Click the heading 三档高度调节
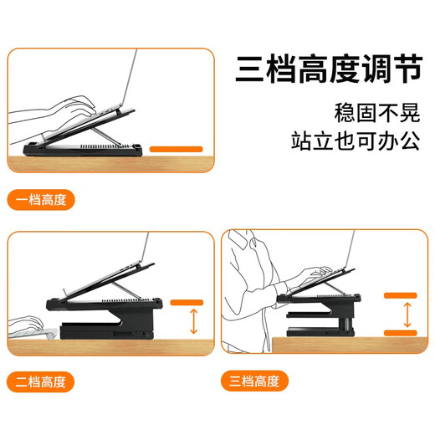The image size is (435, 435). click(x=329, y=69)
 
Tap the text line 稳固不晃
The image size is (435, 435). click(x=377, y=113)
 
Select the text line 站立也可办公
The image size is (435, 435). click(x=356, y=141)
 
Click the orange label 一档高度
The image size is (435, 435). click(x=41, y=200)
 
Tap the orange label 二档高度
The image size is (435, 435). click(x=41, y=381)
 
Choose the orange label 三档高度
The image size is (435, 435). click(x=254, y=381)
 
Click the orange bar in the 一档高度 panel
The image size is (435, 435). click(x=177, y=149)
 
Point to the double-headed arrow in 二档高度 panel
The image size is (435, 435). click(x=193, y=321)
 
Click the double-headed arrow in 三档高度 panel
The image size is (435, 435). click(x=407, y=315)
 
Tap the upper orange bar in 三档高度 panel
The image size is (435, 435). click(x=401, y=295)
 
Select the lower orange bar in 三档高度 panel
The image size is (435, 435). click(x=401, y=333)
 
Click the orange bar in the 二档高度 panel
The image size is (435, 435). click(x=187, y=303)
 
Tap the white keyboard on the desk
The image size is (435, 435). click(x=33, y=334)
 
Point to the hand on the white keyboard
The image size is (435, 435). click(x=27, y=324)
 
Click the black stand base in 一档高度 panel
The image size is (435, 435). click(x=83, y=150)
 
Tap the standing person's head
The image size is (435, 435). click(x=241, y=240)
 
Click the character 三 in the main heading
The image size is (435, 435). click(x=249, y=69)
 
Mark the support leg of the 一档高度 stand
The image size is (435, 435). click(x=106, y=136)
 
